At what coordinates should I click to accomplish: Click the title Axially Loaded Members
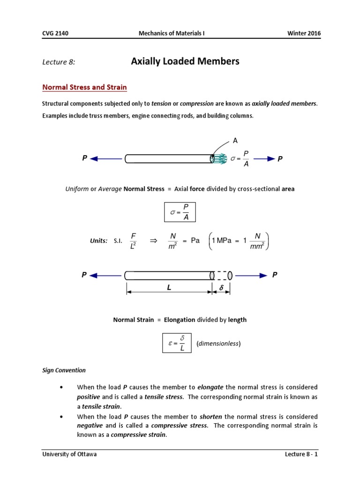pyautogui.click(x=185, y=61)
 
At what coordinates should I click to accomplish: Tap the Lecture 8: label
pyautogui.click(x=59, y=62)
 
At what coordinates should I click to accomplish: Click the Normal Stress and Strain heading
pyautogui.click(x=84, y=88)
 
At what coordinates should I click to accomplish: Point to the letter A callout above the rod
pyautogui.click(x=235, y=140)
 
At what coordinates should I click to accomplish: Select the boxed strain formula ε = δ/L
pyautogui.click(x=176, y=344)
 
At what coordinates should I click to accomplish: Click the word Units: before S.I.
pyautogui.click(x=98, y=240)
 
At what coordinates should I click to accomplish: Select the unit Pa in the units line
pyautogui.click(x=195, y=240)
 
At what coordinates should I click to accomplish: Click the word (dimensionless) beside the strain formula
pyautogui.click(x=218, y=344)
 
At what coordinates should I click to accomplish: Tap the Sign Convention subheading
pyautogui.click(x=64, y=370)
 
